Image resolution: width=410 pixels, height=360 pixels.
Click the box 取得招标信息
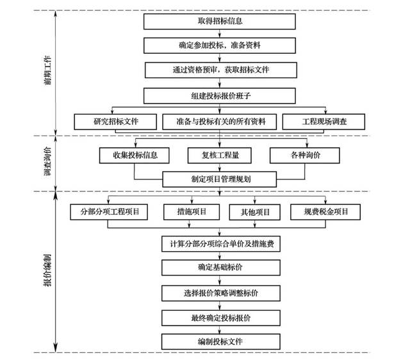click(220, 21)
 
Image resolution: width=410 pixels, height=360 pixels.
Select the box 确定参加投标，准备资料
click(220, 45)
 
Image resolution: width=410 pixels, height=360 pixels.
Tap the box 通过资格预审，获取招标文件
click(220, 70)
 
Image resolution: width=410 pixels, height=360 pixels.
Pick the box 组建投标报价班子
click(220, 95)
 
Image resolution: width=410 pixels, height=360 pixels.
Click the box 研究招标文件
click(115, 120)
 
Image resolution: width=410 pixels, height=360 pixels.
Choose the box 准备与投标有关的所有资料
click(220, 120)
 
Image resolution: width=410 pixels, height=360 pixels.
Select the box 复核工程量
click(219, 155)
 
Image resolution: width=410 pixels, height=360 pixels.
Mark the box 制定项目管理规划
click(220, 179)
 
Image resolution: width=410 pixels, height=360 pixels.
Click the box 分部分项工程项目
click(110, 211)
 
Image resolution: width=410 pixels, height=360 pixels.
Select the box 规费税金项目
click(325, 211)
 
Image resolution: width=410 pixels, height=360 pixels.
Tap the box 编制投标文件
click(220, 341)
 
